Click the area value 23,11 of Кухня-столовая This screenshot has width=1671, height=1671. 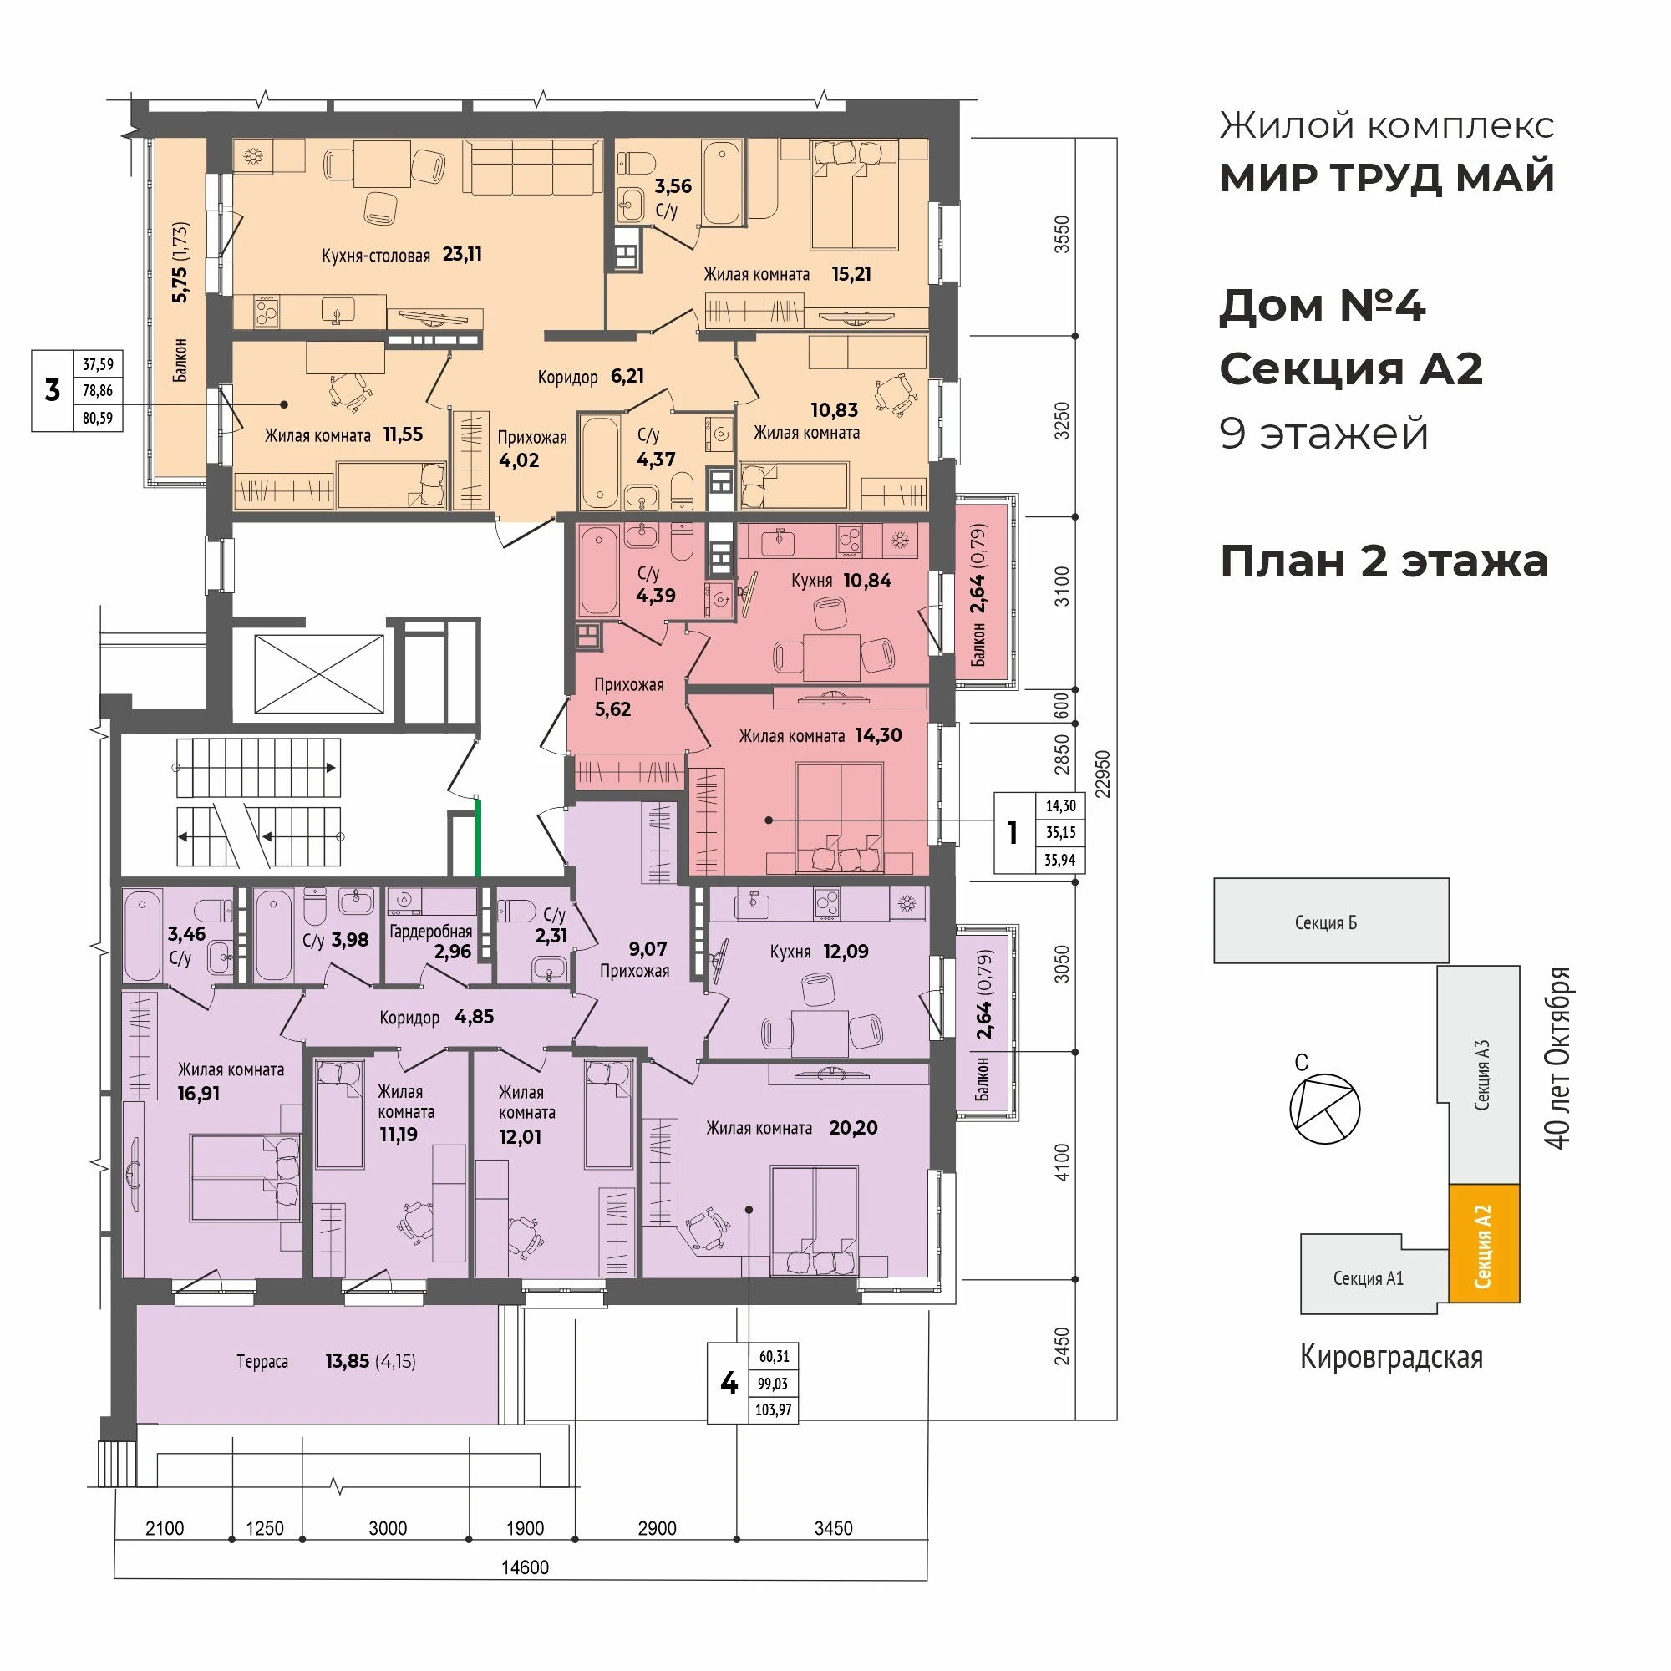pos(462,254)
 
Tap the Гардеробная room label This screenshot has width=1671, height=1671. pos(429,932)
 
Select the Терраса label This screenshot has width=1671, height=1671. pos(262,1361)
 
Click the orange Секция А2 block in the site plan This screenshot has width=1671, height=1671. pos(1483,1243)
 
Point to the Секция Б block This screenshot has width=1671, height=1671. pos(1330,921)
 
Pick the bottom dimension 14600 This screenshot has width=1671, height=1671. pos(525,1567)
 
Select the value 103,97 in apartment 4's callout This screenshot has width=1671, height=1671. pos(773,1409)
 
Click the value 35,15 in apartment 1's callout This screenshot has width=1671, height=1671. pos(1060,832)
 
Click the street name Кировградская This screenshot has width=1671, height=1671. pos(1391,1357)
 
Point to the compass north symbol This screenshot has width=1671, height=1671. pos(1324,1108)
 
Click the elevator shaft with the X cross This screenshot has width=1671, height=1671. pos(319,674)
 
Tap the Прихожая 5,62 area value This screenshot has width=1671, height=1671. pos(612,709)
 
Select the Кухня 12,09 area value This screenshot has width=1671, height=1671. pos(845,952)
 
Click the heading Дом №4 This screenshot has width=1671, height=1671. pos(1322,306)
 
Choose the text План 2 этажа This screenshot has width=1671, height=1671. pos(1384,561)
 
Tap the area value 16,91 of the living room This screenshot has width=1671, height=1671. pos(198,1093)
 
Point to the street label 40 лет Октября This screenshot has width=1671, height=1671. pos(1557,1058)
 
